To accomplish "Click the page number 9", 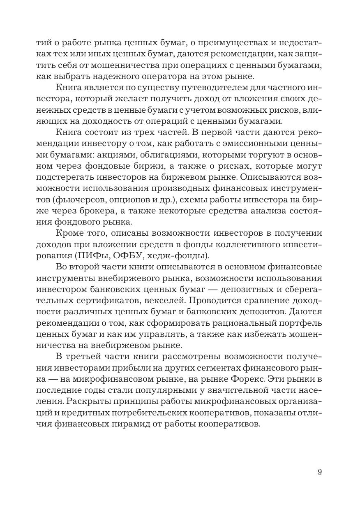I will pyautogui.click(x=319, y=472).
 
